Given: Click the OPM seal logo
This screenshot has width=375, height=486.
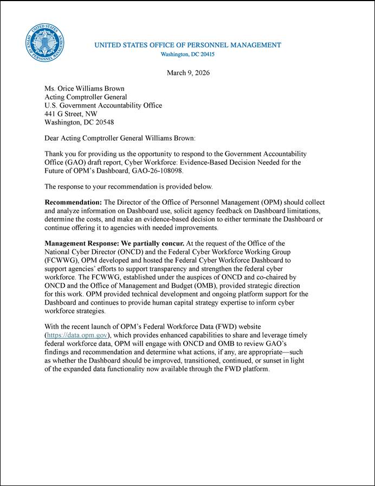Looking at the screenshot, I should [45, 42].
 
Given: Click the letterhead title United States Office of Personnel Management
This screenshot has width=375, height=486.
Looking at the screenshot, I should [187, 45].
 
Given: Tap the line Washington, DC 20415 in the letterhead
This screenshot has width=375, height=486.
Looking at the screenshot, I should [187, 54].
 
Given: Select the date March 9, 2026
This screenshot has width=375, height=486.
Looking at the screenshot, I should [188, 73].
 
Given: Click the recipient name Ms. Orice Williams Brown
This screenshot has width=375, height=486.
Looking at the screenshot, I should [84, 89].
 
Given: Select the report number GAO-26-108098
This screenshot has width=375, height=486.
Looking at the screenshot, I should [158, 171].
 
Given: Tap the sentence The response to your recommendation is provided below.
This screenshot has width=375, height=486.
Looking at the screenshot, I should [121, 187].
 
